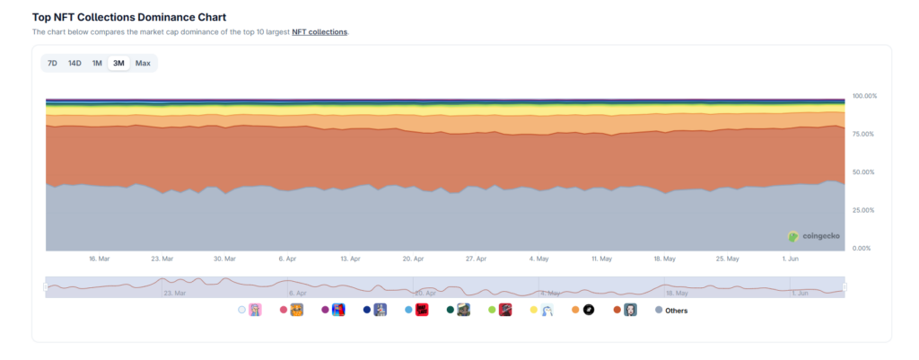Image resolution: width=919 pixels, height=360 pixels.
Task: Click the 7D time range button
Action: pyautogui.click(x=52, y=64)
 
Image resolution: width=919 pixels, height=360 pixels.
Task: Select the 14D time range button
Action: pyautogui.click(x=74, y=64)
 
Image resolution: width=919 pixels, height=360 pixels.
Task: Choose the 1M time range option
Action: pyautogui.click(x=97, y=64)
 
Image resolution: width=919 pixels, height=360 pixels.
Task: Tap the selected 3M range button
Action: pyautogui.click(x=119, y=64)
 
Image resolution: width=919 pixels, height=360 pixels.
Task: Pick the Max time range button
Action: pyautogui.click(x=143, y=64)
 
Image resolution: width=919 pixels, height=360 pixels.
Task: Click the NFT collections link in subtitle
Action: pyautogui.click(x=319, y=32)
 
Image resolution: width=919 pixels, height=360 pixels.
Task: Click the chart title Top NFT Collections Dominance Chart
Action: pyautogui.click(x=129, y=18)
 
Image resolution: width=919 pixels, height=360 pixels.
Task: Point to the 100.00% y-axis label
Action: pyautogui.click(x=864, y=95)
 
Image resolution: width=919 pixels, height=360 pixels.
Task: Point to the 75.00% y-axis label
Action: pyautogui.click(x=863, y=135)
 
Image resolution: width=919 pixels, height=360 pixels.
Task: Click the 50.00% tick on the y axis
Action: pyautogui.click(x=863, y=172)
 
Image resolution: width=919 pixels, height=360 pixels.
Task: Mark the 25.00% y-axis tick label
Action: pyautogui.click(x=863, y=210)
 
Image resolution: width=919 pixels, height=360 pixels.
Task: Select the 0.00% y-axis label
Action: pyautogui.click(x=862, y=248)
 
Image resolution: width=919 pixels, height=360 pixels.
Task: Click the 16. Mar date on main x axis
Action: pyautogui.click(x=99, y=259)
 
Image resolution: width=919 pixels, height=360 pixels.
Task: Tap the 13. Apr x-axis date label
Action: pyautogui.click(x=351, y=259)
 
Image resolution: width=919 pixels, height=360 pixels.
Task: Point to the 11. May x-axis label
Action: pyautogui.click(x=602, y=259)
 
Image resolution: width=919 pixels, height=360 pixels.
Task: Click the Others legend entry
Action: pyautogui.click(x=671, y=310)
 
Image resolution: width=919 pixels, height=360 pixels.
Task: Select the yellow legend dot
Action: pyautogui.click(x=534, y=310)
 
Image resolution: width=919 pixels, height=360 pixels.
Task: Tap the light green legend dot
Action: pyautogui.click(x=493, y=310)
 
